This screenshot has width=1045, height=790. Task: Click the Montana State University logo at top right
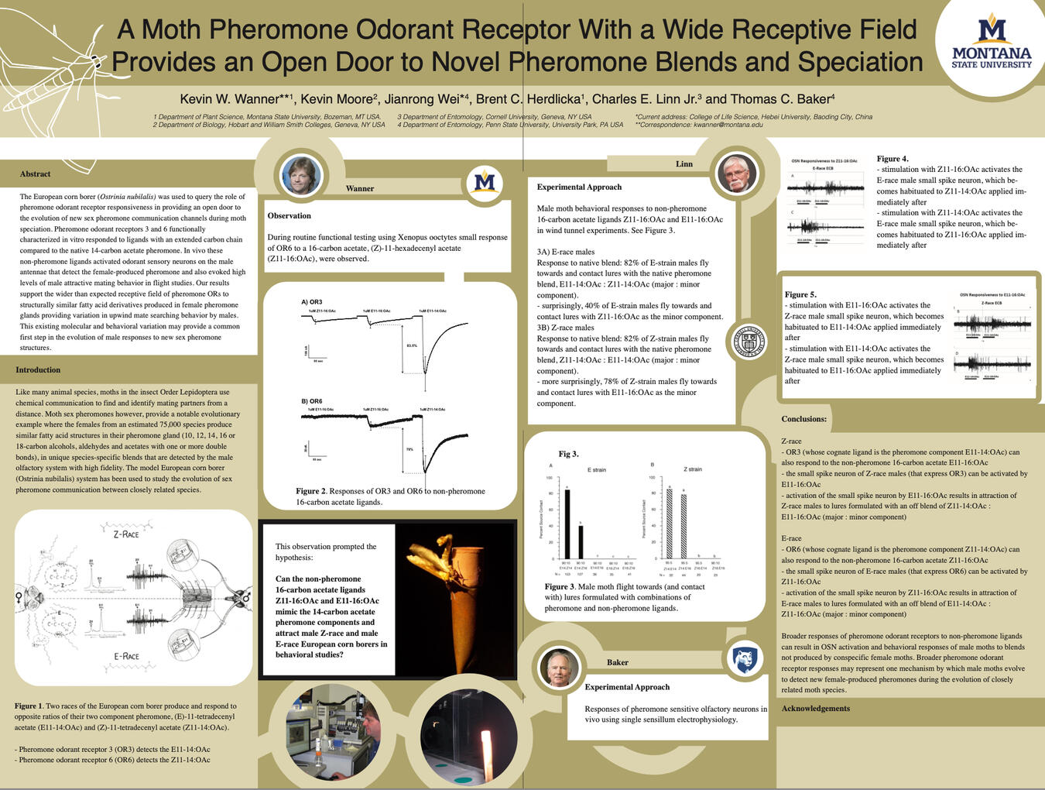click(991, 43)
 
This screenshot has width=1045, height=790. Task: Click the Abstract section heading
click(36, 174)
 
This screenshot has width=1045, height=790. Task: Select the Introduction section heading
click(38, 370)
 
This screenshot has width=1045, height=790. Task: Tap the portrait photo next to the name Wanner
click(300, 175)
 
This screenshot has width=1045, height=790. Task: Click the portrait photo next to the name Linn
click(736, 173)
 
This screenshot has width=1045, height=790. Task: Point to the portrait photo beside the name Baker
click(558, 667)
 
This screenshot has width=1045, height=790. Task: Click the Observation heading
click(289, 216)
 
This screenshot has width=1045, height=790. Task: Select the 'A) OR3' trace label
click(312, 302)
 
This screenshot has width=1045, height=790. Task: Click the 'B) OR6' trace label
click(312, 402)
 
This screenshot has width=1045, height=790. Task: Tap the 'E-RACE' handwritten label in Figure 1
click(126, 656)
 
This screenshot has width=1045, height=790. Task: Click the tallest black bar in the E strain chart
click(567, 524)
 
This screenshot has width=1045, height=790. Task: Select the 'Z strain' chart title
click(692, 469)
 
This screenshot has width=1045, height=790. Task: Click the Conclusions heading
click(803, 419)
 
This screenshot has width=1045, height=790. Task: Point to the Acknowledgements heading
click(815, 709)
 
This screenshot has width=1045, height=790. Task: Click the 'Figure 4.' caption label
click(893, 159)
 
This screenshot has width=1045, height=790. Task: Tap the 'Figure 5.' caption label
click(800, 294)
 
